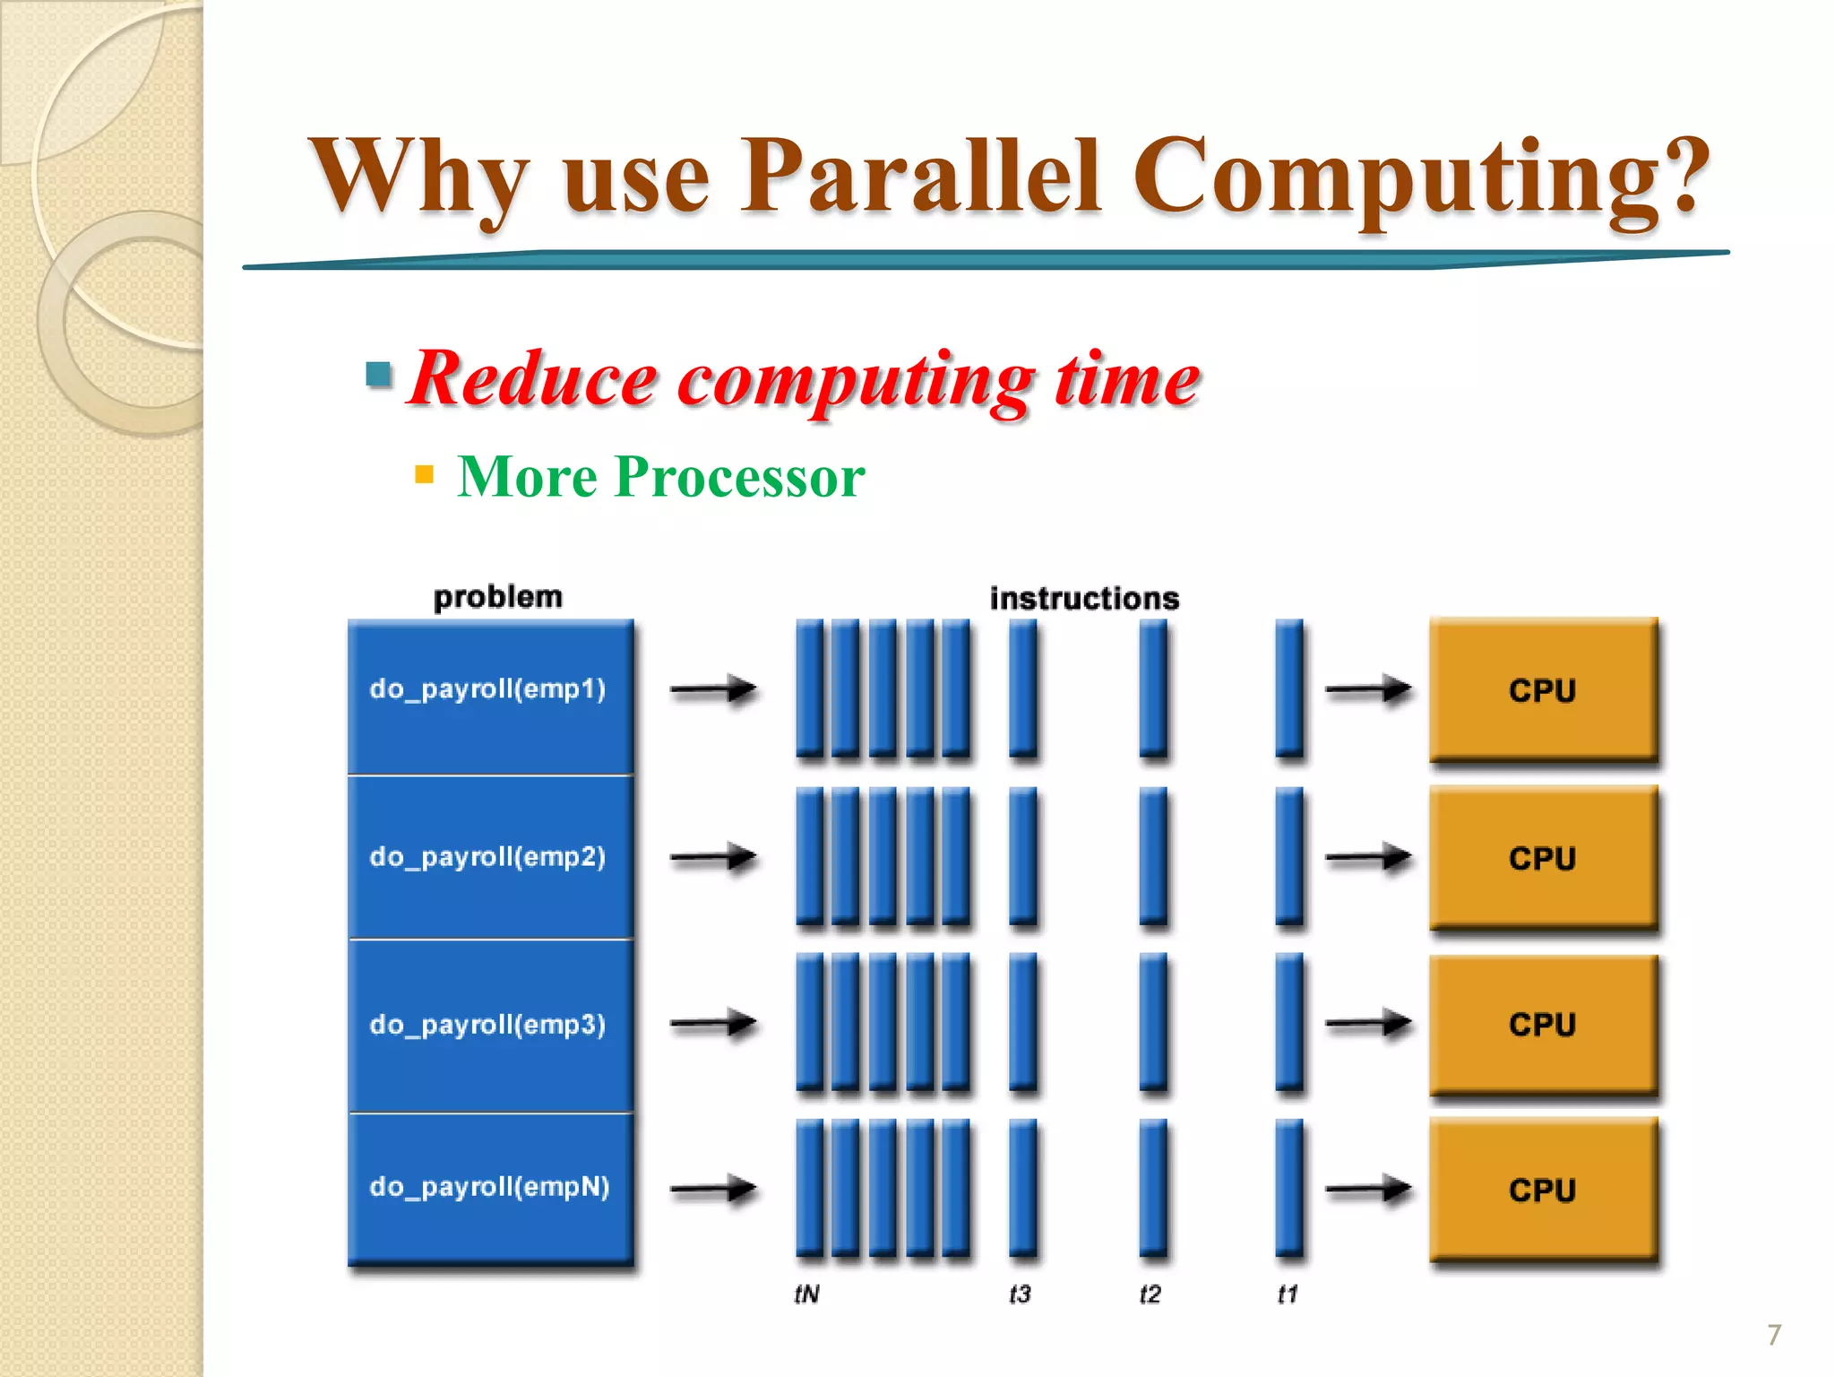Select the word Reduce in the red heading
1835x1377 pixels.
point(534,379)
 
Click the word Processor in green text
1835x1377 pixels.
point(739,476)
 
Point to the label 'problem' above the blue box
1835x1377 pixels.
point(497,597)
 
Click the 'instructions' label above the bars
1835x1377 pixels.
point(1084,598)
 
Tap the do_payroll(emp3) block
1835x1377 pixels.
point(489,1025)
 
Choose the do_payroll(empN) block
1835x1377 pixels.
point(489,1187)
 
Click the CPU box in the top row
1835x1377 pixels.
point(1542,690)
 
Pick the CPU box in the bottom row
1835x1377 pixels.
point(1542,1190)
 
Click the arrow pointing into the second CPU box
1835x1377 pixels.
point(1367,858)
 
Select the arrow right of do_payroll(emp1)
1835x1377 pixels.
point(713,689)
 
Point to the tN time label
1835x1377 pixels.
point(806,1294)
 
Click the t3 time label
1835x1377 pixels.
point(1020,1294)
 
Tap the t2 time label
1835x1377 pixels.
point(1150,1294)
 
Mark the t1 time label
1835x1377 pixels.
point(1288,1294)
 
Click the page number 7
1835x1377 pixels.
point(1774,1335)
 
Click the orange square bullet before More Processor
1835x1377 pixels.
point(425,474)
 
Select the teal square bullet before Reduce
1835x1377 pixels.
point(379,374)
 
